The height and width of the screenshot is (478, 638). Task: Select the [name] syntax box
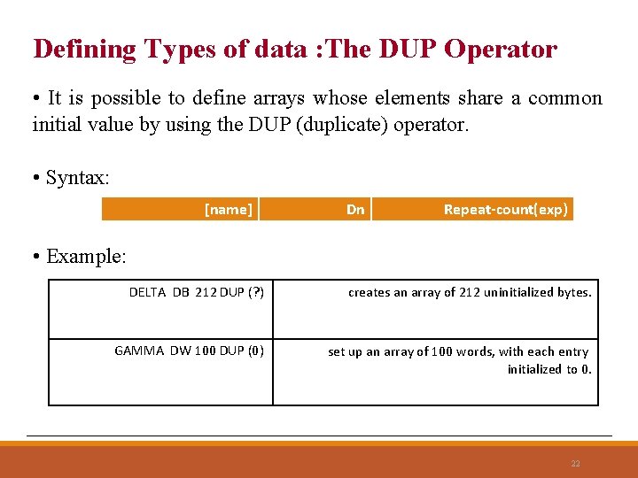[x=180, y=210]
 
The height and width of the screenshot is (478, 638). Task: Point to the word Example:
[x=86, y=258]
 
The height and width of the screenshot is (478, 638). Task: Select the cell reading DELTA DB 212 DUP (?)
[x=160, y=309]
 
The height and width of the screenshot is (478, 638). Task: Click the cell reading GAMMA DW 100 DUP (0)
[x=160, y=373]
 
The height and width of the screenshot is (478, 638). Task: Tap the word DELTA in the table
[x=147, y=292]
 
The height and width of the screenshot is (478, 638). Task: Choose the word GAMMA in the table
[x=139, y=351]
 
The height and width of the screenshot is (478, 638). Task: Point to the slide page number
[x=576, y=464]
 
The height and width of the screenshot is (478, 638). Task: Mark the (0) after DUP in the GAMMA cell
[x=255, y=351]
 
